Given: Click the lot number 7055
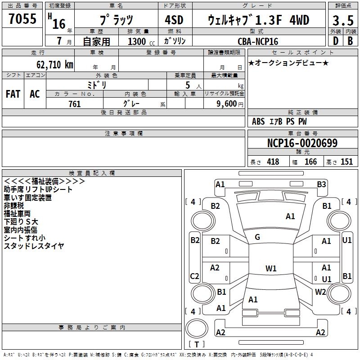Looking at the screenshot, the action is point(22,18).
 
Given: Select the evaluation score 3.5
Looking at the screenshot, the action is point(343,20).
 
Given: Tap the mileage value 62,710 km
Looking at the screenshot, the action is point(54,65).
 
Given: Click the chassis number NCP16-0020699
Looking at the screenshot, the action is point(302,143).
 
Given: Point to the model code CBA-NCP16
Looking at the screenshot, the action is point(258,41).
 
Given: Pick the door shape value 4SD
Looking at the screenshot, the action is point(174,20).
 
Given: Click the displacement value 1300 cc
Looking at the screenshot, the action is point(141,41).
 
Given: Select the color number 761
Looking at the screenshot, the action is point(75,104).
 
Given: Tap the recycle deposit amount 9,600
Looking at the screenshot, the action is point(227,104).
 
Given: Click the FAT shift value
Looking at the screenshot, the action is point(13,94).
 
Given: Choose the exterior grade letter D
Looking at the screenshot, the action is point(336,41).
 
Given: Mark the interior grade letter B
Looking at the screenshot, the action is point(350,41).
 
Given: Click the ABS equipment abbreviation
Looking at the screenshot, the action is point(258,121).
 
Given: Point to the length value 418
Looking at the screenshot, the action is point(273,162).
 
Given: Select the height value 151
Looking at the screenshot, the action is point(346,162).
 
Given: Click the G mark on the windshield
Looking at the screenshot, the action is point(257,237).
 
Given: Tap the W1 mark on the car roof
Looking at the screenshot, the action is point(271,268).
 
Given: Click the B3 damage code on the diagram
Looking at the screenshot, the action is point(321,184).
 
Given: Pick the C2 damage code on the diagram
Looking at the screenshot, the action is point(194,276).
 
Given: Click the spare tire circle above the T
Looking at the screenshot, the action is point(197,328).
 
